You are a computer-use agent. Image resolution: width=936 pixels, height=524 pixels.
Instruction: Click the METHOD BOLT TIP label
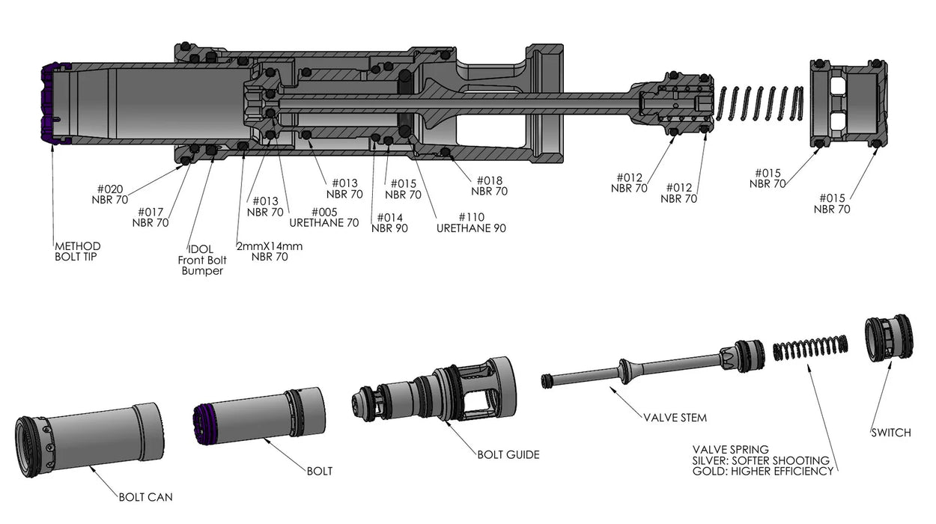coord(77,252)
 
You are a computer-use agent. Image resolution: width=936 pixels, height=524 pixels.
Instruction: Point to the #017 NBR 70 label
coord(150,217)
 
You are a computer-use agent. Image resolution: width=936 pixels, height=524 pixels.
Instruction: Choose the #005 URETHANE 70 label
coord(323,217)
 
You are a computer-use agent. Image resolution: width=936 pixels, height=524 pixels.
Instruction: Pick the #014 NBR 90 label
coord(389,222)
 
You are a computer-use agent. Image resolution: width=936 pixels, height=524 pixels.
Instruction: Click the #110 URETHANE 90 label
coord(471,222)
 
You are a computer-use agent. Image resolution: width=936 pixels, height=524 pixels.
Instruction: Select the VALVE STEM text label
coord(675,418)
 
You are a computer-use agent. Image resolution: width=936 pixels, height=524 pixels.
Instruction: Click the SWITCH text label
coord(890,433)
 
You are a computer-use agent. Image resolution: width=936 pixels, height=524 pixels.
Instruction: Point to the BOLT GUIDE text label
coord(508,454)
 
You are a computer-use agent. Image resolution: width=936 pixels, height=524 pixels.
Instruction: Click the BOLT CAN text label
coord(146,496)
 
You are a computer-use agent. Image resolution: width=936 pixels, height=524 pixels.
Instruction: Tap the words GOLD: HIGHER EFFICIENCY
coord(763,472)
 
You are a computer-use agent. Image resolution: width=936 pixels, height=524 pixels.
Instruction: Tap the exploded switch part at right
coord(889,338)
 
